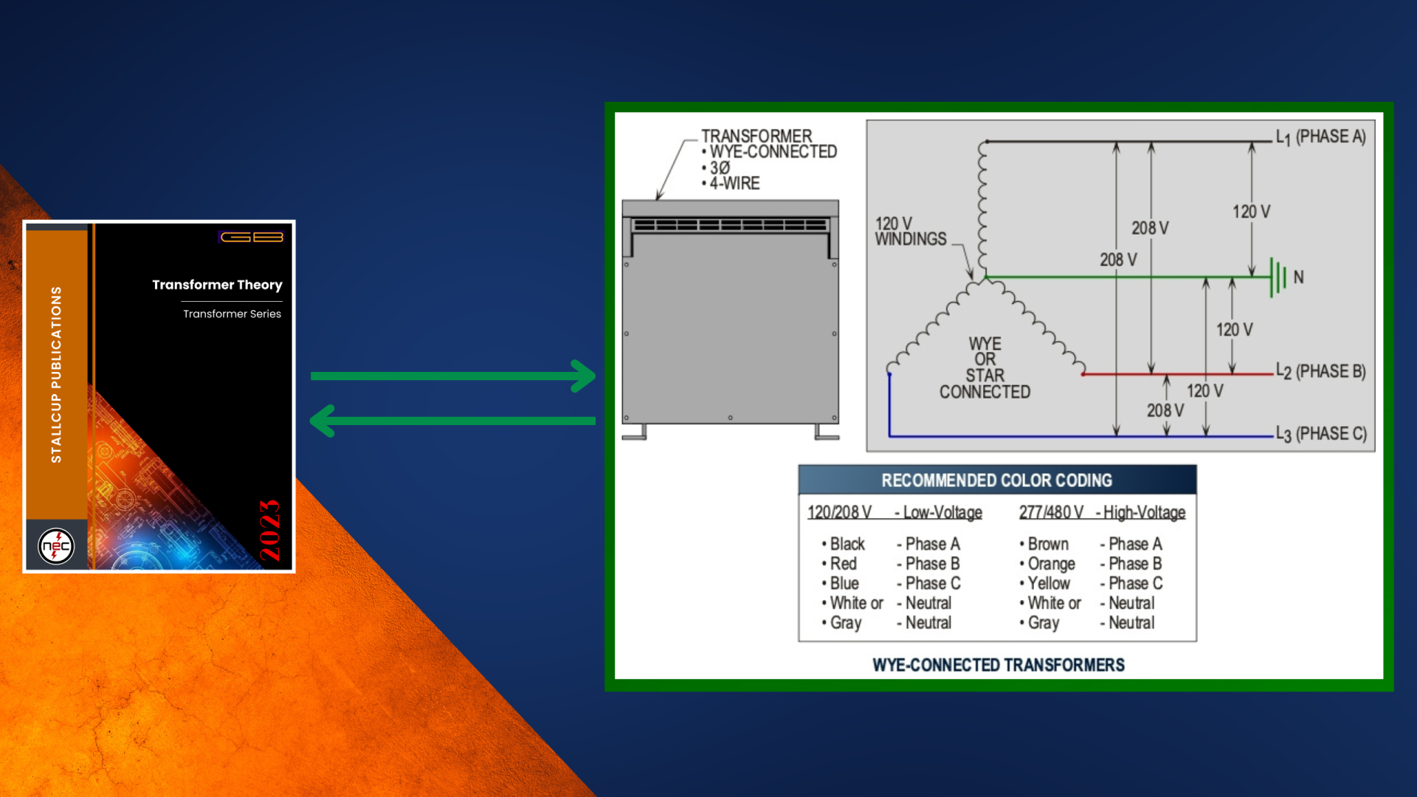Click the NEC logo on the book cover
coord(56,546)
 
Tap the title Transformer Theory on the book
coord(217,285)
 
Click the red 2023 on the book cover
coord(269,530)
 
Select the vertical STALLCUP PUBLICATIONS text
coord(56,375)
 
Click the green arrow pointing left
coord(452,421)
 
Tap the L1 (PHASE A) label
coord(1321,137)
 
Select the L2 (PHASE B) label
coord(1321,372)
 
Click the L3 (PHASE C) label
coord(1321,434)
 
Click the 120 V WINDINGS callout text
coord(911,231)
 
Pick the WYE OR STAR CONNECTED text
coord(985,368)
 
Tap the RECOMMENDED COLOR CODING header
coord(996,480)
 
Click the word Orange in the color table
coord(1052,564)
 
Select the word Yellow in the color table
coord(1049,583)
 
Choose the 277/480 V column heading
coord(1051,512)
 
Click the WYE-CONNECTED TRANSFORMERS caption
coord(999,665)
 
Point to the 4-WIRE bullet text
coord(734,183)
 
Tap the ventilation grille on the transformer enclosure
coord(730,224)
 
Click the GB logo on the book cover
coord(252,237)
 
